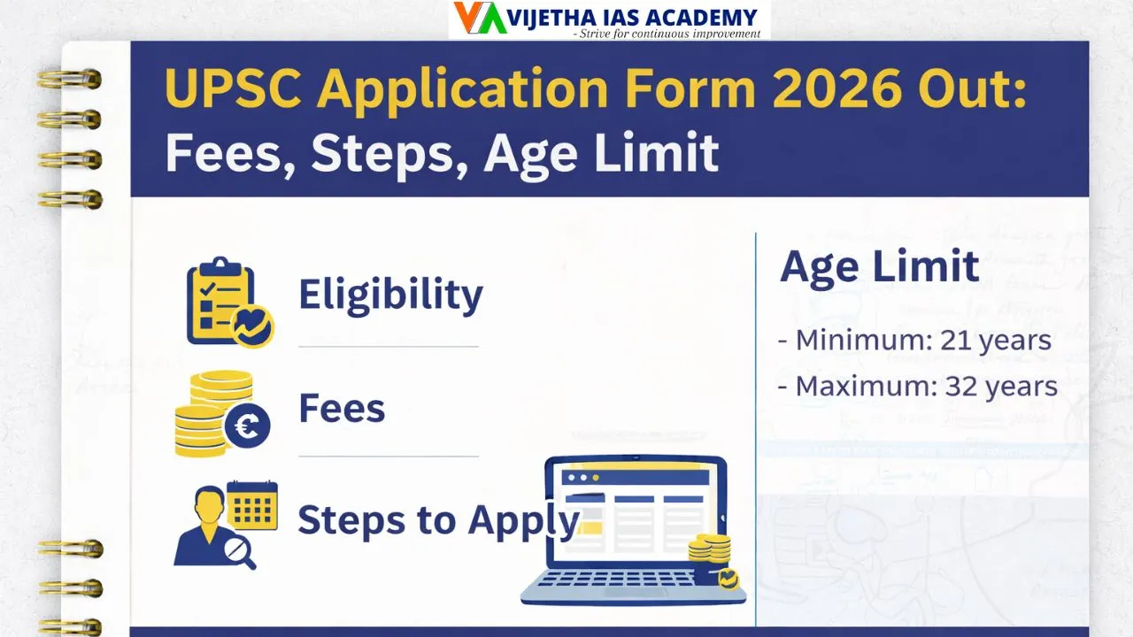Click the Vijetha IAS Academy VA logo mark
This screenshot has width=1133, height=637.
coord(479,19)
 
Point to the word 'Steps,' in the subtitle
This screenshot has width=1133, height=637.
coord(386,152)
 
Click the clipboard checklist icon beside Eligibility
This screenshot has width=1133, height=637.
coord(220,300)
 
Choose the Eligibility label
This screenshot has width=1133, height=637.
coord(390,295)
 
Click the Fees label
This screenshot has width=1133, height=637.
coord(342,409)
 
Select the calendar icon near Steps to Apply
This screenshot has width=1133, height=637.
coord(252,506)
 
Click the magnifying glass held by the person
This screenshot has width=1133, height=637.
coord(237,551)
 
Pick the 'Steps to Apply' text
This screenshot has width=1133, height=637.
coord(437,520)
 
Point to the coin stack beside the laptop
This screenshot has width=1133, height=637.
coord(712,549)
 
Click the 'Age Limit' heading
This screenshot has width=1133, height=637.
coord(879,266)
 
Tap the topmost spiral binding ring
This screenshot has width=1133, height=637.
coord(70,80)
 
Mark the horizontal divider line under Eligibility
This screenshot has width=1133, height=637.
coord(389,346)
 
